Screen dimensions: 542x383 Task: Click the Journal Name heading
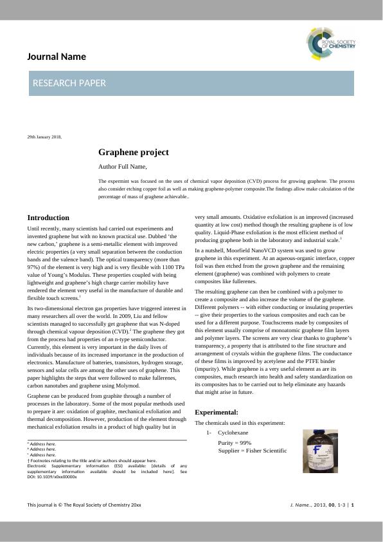coord(57,57)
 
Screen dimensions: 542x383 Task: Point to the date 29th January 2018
coord(44,137)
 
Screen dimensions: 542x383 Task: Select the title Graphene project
coord(134,153)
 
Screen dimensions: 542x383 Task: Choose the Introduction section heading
coord(48,218)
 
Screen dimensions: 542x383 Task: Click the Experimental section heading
coord(216,412)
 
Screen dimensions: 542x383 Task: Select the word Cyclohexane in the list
coord(232,433)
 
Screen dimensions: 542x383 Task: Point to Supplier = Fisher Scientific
coord(253,450)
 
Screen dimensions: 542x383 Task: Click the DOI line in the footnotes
coord(52,477)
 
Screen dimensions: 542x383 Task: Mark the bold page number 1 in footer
coord(352,505)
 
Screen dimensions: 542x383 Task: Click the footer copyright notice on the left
coord(84,505)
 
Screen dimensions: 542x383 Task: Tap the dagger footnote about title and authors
coord(92,460)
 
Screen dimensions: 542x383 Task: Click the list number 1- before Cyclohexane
coord(209,433)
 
